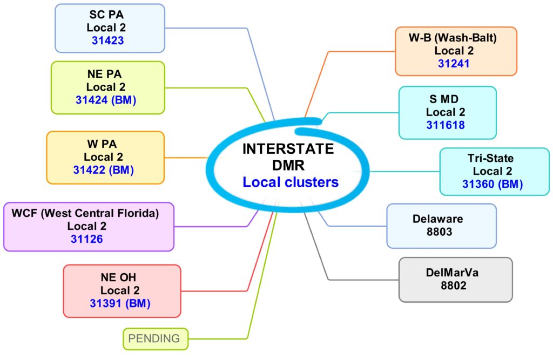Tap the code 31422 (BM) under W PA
pos(103,170)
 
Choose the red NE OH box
pos(122,290)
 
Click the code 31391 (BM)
pos(120,303)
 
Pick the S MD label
pos(446,99)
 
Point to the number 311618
pos(446,125)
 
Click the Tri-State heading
pos(491,158)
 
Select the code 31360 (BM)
pos(493,184)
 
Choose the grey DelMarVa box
pos(455,279)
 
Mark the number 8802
pos(454,286)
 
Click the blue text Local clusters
pos(291,182)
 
